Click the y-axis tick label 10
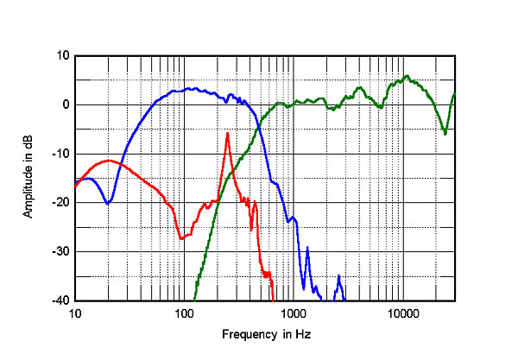[61, 55]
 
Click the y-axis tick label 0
[64, 104]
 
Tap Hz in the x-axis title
[300, 334]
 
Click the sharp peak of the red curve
[227, 134]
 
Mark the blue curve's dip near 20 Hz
[107, 204]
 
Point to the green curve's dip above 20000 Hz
[445, 133]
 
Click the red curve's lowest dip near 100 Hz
[180, 238]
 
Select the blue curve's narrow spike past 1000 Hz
[307, 249]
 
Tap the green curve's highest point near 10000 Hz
[407, 76]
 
